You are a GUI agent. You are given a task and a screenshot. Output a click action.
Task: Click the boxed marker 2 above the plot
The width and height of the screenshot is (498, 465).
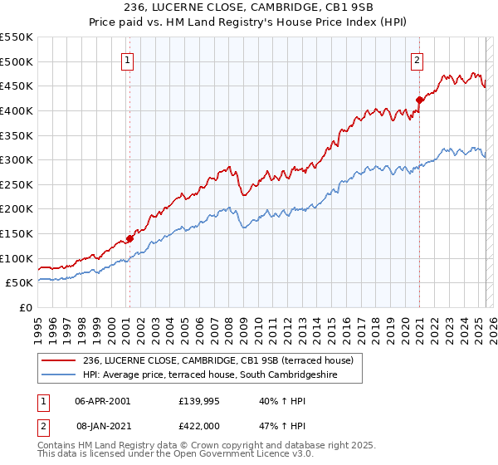(x=416, y=59)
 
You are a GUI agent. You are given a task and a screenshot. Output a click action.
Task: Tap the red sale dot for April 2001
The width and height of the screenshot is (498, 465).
(x=129, y=239)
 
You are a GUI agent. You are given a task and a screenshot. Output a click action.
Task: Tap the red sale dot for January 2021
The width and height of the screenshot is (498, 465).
(x=419, y=100)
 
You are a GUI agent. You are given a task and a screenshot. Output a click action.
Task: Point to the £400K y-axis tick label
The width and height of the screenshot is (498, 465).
(x=17, y=110)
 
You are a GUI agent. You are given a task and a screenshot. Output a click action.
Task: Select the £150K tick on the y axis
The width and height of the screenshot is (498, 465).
(x=17, y=233)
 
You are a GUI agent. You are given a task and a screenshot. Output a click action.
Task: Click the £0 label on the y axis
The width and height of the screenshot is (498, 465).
(x=26, y=307)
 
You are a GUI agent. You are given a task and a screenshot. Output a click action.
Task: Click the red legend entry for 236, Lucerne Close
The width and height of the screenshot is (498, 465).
(x=218, y=360)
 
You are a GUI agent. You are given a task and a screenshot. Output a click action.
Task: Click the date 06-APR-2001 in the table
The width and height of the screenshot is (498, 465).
(x=103, y=400)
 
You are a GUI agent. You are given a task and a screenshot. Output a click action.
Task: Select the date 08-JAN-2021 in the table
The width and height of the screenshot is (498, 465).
(x=103, y=425)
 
